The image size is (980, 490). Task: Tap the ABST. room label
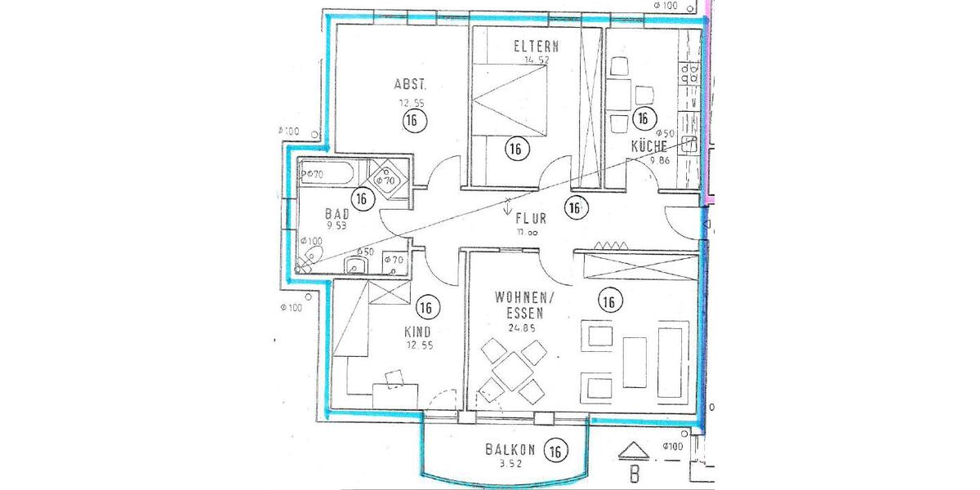410,84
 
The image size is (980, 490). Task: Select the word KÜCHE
649,147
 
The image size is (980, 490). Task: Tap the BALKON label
510,449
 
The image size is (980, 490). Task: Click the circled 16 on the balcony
555,450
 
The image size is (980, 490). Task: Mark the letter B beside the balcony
634,473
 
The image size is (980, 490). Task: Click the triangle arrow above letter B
634,450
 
